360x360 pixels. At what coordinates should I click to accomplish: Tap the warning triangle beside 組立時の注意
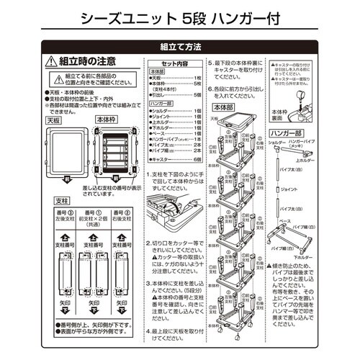50,63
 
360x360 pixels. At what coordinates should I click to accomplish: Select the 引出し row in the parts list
176,94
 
